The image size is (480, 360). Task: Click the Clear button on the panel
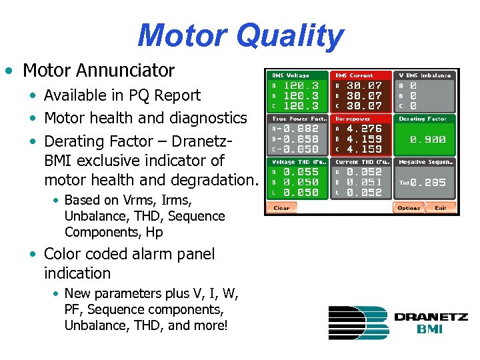(281, 208)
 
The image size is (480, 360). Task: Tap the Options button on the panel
(409, 208)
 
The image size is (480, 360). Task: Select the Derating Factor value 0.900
(427, 140)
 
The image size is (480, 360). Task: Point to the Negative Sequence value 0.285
(429, 182)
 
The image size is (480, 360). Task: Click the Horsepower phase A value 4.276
(364, 129)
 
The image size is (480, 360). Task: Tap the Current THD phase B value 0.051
(364, 182)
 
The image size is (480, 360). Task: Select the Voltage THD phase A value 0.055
(301, 172)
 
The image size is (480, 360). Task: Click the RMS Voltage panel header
(289, 75)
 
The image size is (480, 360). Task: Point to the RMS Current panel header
(355, 75)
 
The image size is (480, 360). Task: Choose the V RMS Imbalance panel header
(425, 75)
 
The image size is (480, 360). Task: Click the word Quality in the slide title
(293, 35)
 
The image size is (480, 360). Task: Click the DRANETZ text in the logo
(431, 317)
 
